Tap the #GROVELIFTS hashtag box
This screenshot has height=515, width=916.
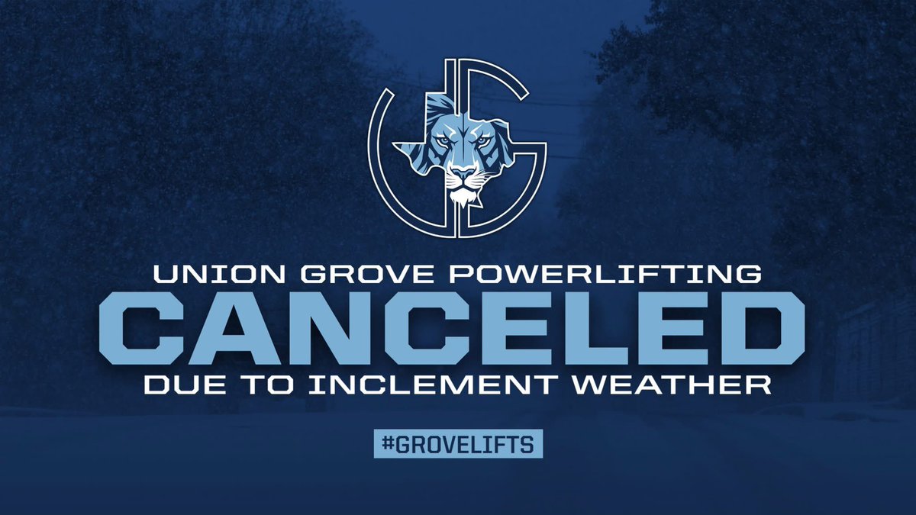(x=458, y=445)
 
